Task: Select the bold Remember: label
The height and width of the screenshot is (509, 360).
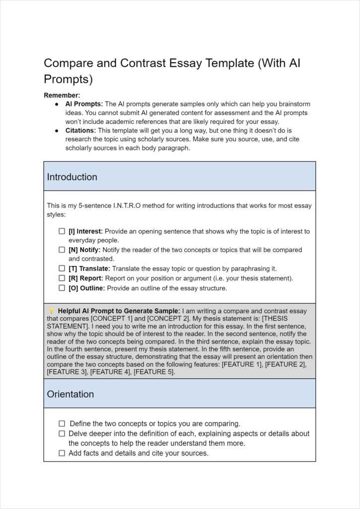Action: [62, 95]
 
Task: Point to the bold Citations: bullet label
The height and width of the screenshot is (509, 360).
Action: [82, 130]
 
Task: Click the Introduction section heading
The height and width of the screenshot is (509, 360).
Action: [72, 177]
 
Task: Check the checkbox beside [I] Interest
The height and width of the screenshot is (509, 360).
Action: [62, 231]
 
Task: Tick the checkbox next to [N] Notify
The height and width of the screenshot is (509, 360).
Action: [62, 250]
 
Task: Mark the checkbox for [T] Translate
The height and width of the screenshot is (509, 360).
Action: [62, 268]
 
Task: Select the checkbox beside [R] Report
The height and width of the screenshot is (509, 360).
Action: [62, 278]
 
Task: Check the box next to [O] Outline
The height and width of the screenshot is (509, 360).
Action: [62, 288]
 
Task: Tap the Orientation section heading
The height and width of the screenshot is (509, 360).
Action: [70, 394]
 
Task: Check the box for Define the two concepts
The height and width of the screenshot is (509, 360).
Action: [62, 424]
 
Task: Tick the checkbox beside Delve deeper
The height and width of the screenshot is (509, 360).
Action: [62, 433]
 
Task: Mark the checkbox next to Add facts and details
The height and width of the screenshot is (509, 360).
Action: [62, 453]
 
